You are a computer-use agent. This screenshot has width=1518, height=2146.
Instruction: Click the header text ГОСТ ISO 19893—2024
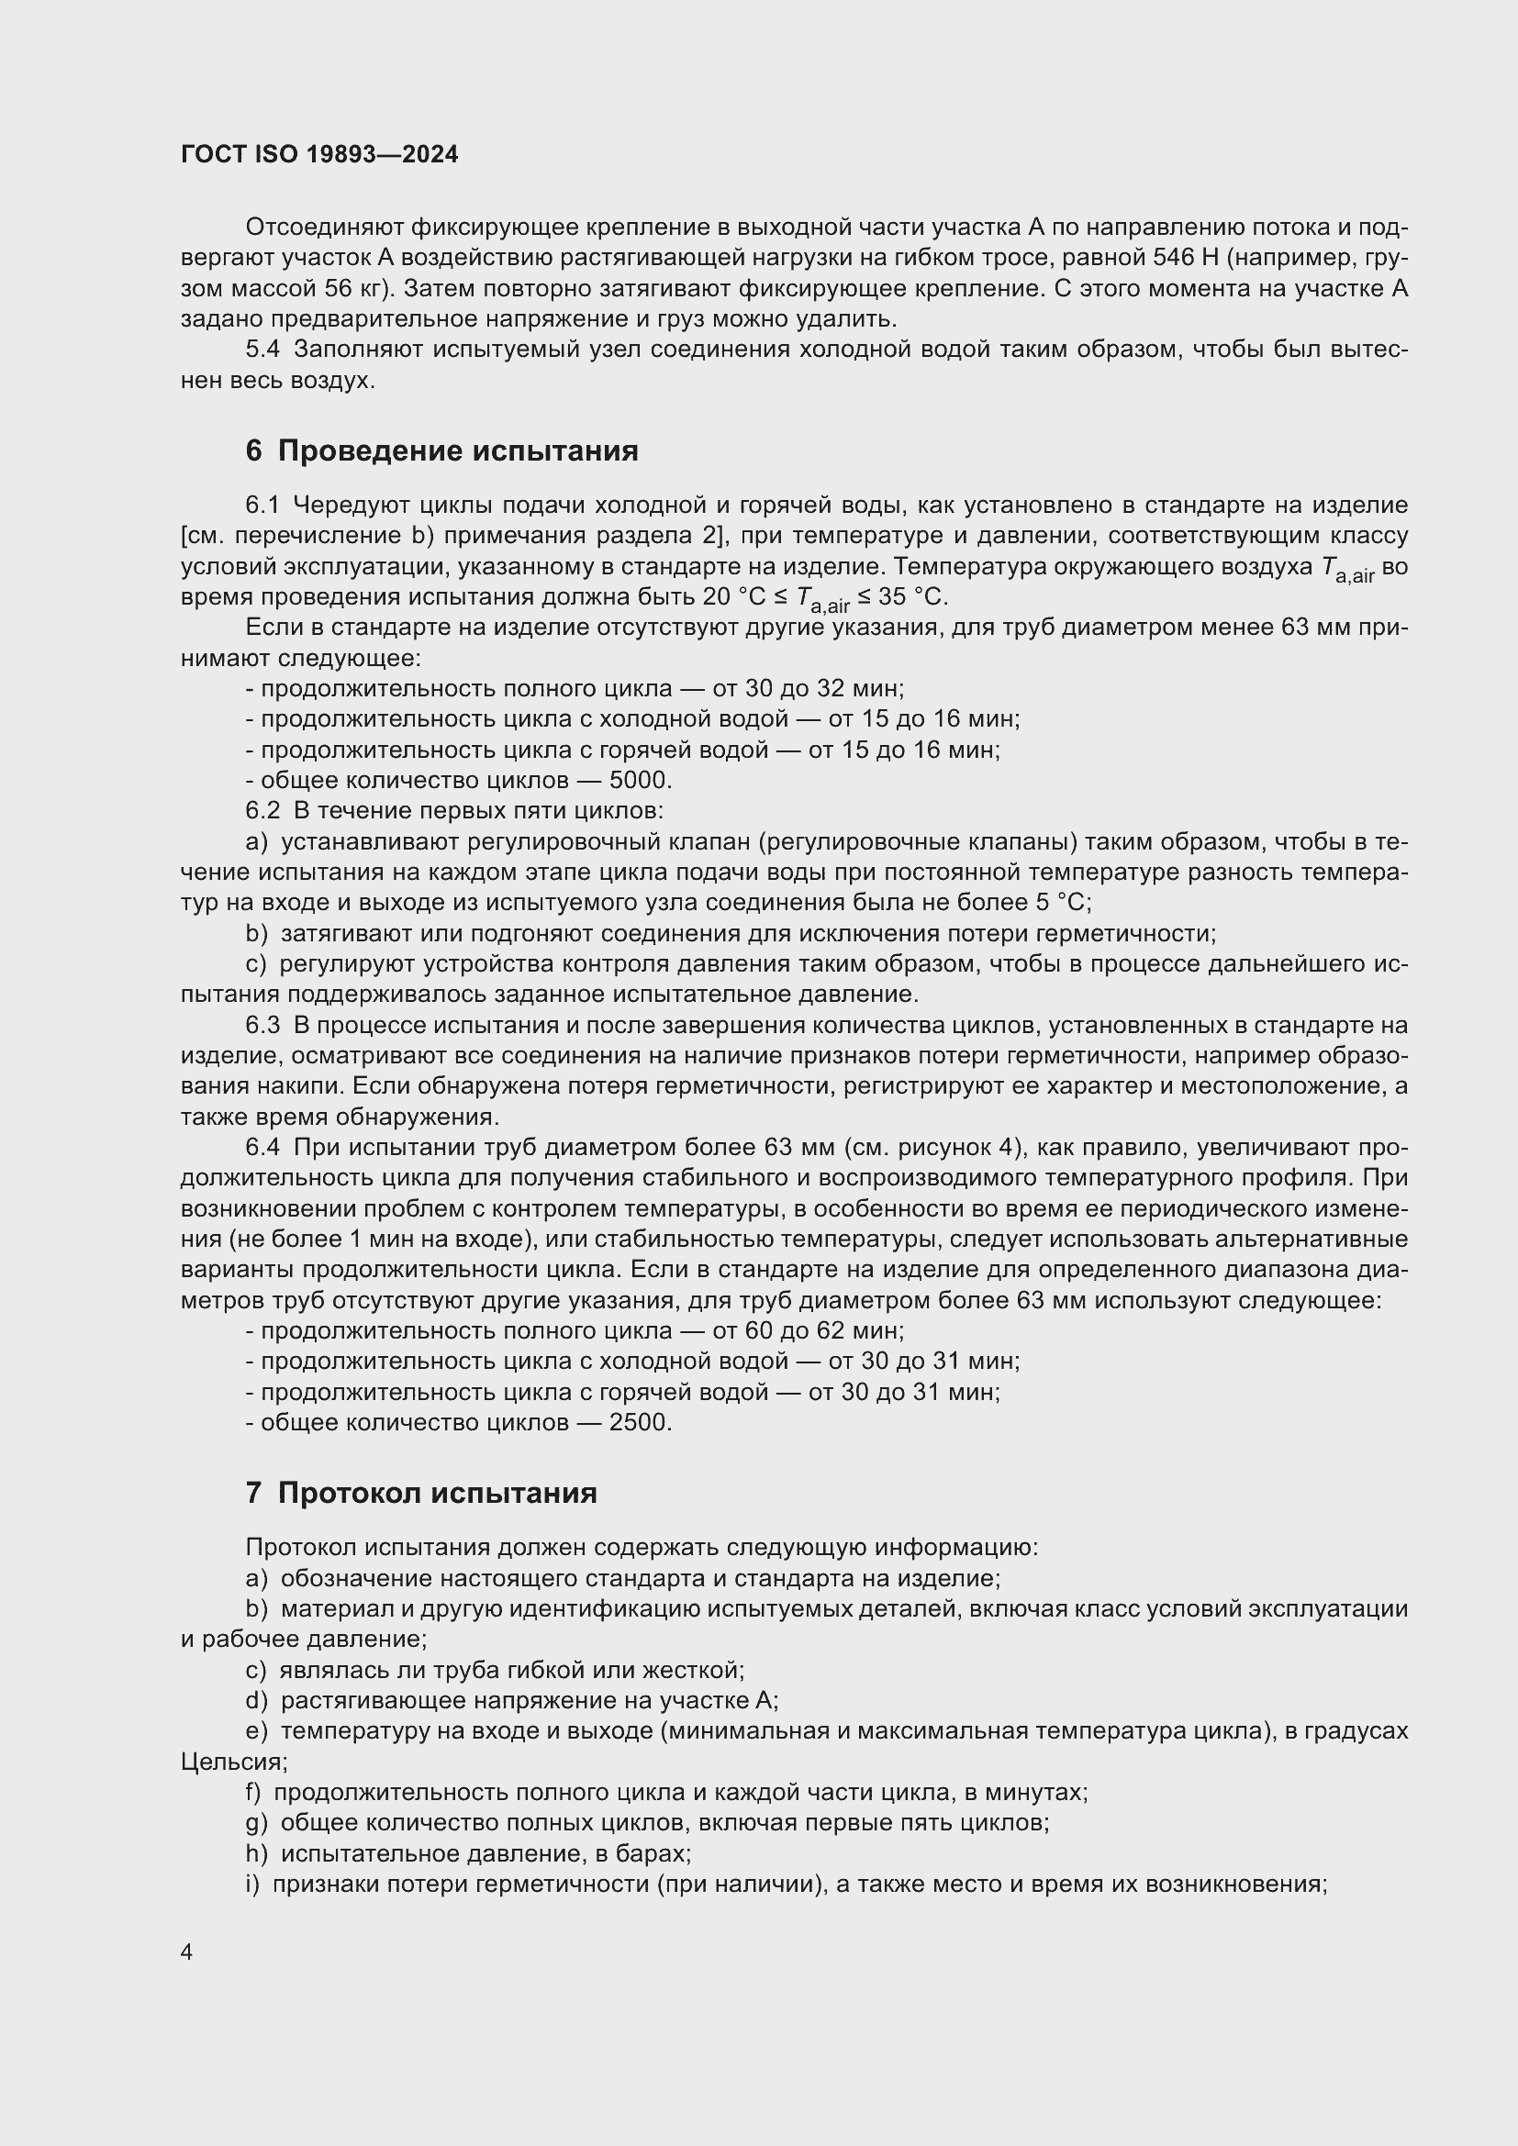click(319, 155)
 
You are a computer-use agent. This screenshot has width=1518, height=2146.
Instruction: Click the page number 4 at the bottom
click(187, 1952)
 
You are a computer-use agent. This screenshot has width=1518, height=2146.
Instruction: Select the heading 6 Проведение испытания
click(441, 451)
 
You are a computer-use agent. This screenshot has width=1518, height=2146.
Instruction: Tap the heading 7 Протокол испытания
click(420, 1493)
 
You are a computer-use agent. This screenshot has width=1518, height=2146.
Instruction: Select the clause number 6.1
click(262, 506)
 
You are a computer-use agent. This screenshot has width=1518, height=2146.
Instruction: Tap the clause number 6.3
click(262, 1026)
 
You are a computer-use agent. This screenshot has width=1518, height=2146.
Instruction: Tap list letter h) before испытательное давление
click(256, 1853)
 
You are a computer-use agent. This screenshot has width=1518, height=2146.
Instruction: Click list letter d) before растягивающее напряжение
click(256, 1700)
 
